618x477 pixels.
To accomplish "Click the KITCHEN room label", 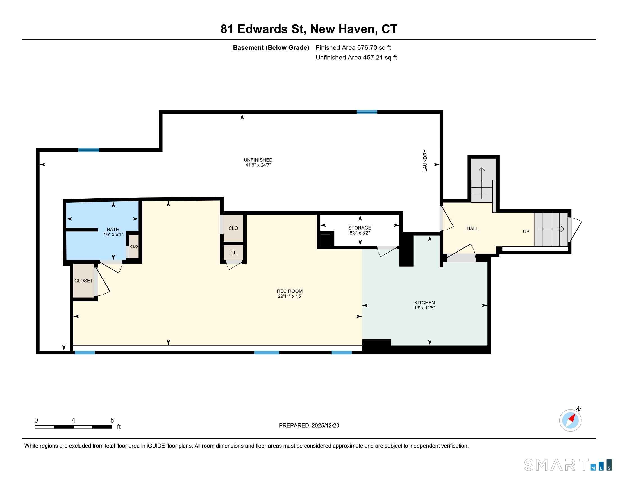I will pos(424,303).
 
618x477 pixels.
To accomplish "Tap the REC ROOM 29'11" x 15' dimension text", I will pos(290,296).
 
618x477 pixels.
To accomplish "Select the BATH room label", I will pos(113,230).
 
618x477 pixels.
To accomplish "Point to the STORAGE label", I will pos(360,228).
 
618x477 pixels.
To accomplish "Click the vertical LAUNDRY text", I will pos(425,160).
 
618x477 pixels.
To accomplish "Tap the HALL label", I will pos(472,228).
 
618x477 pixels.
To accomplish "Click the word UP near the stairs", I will pos(526,232).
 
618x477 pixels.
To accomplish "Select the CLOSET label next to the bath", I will pos(83,281).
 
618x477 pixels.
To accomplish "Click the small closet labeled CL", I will pos(233,253).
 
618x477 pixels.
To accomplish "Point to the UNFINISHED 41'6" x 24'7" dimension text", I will pos(258,165).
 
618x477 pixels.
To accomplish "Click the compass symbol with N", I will pos(570,420).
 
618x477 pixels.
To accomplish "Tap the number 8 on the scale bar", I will pos(112,420).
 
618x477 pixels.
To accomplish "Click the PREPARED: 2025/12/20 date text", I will pos(309,426).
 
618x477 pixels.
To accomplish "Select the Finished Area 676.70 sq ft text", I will pos(353,47).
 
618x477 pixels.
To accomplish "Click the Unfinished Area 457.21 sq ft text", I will pos(356,57).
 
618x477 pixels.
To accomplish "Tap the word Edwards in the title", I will pos(262,29).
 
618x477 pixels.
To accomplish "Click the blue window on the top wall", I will pos(367,112).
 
